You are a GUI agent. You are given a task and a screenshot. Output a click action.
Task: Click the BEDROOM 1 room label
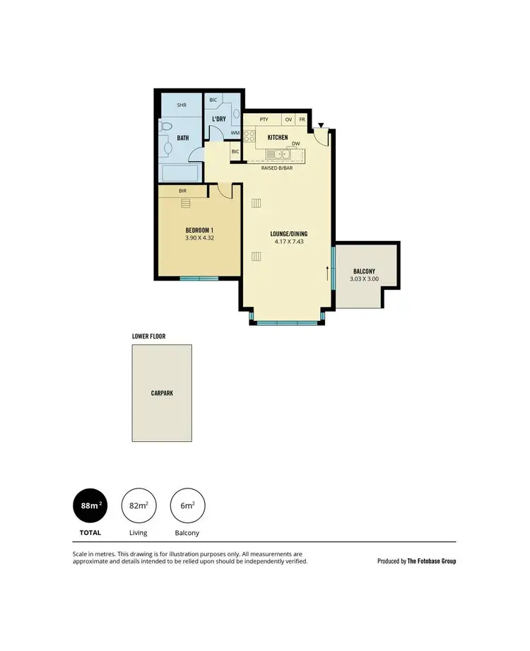(x=199, y=231)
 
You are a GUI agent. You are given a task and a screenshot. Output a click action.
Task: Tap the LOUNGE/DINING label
(x=289, y=234)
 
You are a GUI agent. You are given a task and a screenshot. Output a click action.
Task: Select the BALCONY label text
(x=364, y=271)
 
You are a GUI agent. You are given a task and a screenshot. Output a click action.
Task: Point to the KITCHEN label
(x=277, y=137)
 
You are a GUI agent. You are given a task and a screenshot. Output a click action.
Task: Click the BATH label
(x=183, y=138)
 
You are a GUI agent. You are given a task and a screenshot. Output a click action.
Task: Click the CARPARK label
(x=162, y=392)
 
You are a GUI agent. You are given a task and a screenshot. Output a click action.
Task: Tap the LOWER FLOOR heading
(x=148, y=336)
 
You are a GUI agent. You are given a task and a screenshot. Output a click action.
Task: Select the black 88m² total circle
(x=90, y=505)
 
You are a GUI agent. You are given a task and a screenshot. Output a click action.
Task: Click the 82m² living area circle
(x=139, y=505)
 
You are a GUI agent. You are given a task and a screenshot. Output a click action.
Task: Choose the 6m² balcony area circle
(x=188, y=505)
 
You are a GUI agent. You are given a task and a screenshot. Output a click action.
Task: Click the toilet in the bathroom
(x=163, y=127)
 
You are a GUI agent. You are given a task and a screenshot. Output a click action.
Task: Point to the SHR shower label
(x=182, y=105)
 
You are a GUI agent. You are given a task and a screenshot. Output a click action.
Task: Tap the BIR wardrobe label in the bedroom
(x=182, y=191)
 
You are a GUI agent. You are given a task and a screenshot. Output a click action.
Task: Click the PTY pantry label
(x=264, y=119)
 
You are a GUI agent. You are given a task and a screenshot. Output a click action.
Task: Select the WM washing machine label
(x=234, y=133)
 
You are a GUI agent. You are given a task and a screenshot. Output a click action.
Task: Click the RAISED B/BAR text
(x=276, y=168)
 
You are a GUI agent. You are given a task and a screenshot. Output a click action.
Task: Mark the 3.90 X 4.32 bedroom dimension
(x=199, y=239)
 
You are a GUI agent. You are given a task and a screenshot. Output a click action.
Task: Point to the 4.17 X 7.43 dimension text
(x=289, y=242)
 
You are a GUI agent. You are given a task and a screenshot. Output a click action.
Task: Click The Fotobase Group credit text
(x=417, y=561)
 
